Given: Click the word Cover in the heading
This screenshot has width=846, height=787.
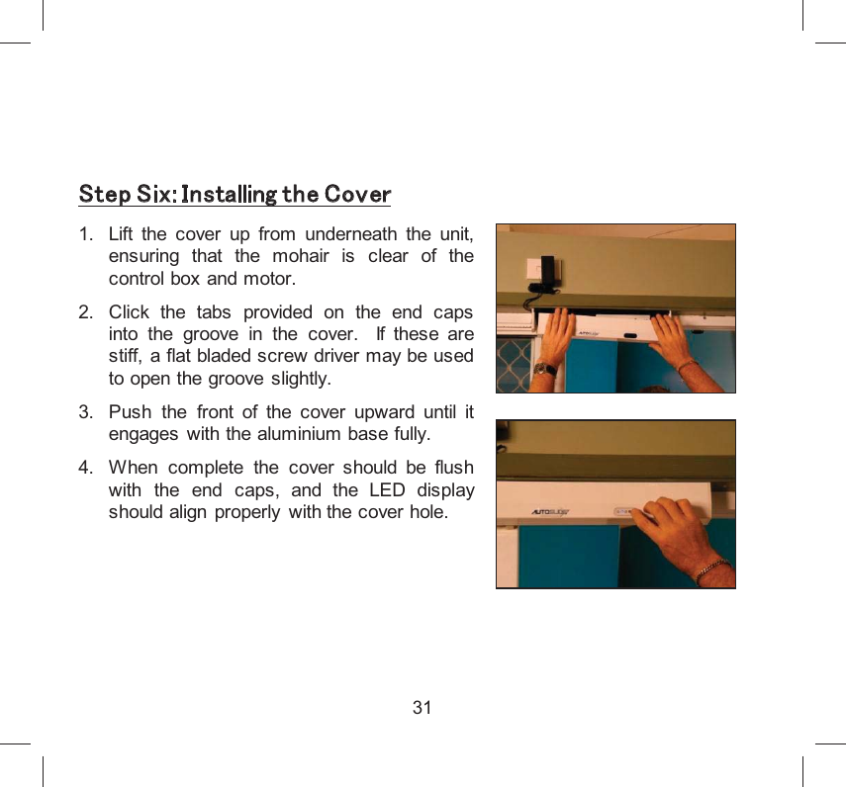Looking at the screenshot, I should coord(357,194).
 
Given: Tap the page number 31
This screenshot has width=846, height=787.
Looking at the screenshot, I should coord(423,708).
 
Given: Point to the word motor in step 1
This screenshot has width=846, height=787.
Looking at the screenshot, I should coord(272,278).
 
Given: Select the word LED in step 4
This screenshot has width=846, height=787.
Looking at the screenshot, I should coord(385,490).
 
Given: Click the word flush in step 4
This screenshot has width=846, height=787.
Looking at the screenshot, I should coord(451,468).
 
